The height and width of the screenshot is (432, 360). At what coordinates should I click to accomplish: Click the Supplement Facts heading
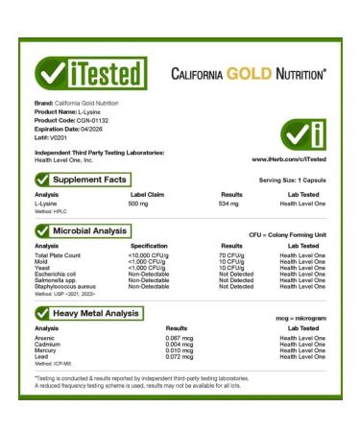coord(91,179)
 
